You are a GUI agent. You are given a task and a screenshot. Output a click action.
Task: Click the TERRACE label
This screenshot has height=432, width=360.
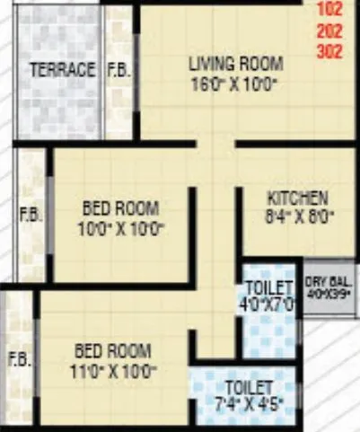[62, 70]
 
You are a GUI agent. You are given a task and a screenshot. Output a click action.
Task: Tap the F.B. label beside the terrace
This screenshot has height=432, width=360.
[118, 70]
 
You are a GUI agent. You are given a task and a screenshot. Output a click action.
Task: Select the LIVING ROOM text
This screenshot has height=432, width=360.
[235, 64]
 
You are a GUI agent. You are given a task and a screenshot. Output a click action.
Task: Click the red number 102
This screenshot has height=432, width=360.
[330, 12]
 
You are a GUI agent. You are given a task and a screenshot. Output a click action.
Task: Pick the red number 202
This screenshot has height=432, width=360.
[330, 31]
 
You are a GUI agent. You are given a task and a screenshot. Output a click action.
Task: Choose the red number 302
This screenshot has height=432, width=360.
[330, 51]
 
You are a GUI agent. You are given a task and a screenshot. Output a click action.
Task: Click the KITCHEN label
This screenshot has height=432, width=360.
[298, 198]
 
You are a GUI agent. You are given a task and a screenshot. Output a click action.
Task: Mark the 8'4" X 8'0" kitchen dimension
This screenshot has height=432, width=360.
[298, 216]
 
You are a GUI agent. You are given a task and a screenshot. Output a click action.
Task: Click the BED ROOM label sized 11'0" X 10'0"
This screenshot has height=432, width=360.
[112, 350]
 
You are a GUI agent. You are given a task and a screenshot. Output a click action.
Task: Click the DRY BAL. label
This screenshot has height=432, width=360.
[329, 280]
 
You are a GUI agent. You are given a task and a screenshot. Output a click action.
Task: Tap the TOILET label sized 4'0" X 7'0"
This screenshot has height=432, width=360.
[269, 287]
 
